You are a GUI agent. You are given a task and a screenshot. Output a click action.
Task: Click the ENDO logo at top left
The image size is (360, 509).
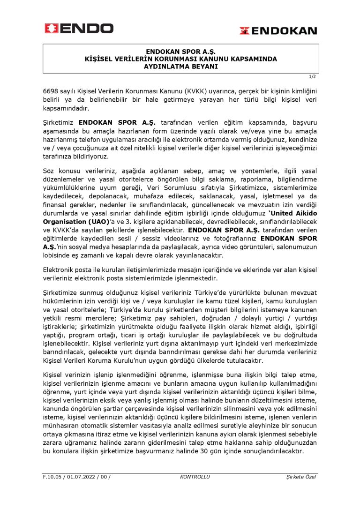click(79, 29)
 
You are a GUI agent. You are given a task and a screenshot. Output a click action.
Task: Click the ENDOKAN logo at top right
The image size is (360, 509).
click(278, 31)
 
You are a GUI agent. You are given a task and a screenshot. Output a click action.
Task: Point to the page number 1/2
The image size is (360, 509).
click(313, 76)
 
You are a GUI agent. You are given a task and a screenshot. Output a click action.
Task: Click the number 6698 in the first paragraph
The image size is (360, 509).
click(51, 90)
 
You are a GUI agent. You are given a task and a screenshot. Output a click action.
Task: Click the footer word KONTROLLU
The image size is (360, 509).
click(195, 477)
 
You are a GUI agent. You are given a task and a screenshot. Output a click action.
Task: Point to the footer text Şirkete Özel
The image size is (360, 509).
click(301, 477)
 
